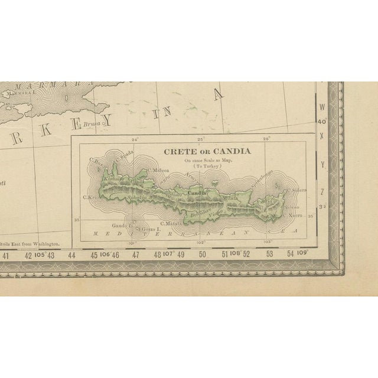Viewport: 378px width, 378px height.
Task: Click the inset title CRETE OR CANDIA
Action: (x=207, y=151)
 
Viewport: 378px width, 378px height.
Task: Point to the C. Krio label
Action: (x=90, y=197)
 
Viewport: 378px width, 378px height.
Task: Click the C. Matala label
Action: (x=167, y=225)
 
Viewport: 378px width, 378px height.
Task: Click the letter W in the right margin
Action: (x=322, y=107)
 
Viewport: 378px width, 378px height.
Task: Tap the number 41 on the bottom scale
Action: (x=6, y=256)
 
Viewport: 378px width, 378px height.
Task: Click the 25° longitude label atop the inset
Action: (x=200, y=139)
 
